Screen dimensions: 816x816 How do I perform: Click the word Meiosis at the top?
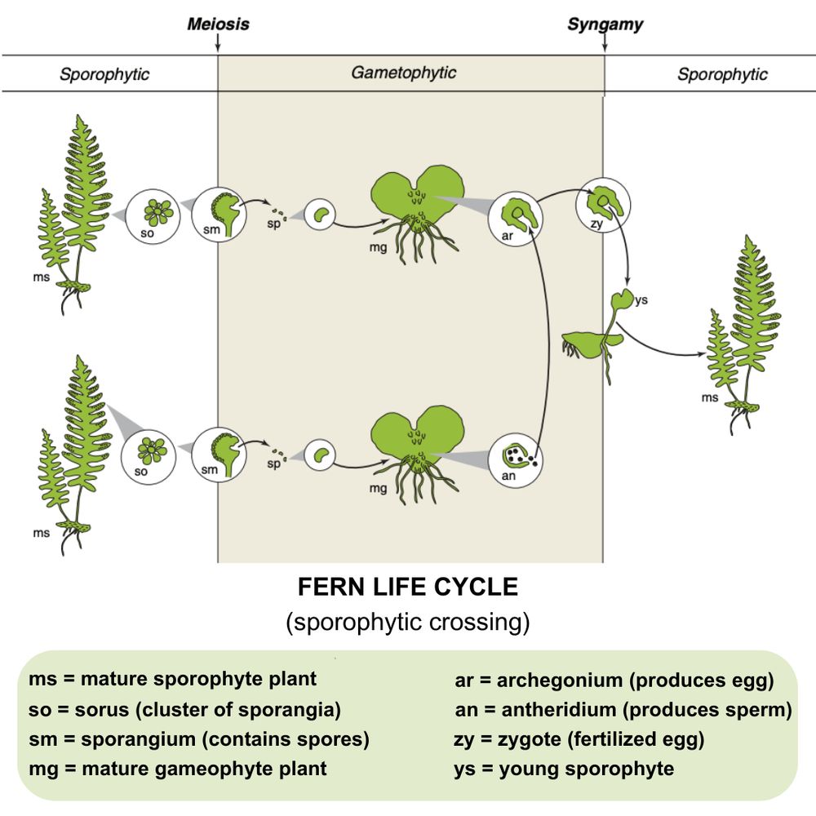[218, 24]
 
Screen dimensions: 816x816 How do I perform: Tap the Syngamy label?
[605, 24]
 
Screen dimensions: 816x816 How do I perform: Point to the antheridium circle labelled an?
[515, 458]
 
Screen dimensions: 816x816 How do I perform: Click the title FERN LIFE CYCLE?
[407, 588]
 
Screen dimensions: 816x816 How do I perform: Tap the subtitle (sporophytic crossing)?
[407, 623]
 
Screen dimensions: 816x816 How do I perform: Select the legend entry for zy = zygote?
[578, 740]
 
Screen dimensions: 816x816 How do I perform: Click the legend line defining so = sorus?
[184, 710]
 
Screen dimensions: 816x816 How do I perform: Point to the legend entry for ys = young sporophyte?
[563, 769]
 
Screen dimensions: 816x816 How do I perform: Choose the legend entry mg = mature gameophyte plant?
[178, 769]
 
